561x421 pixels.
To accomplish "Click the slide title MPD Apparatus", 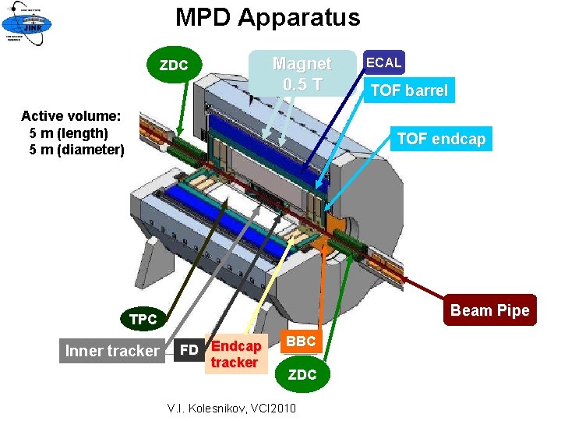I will [x=267, y=17].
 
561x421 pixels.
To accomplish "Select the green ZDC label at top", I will [x=174, y=65].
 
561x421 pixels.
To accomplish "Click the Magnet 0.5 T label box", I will [x=301, y=73].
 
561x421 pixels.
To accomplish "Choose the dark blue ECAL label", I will [x=383, y=62].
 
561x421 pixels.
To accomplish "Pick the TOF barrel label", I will [x=409, y=90].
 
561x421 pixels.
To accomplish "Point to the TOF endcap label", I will [x=440, y=139].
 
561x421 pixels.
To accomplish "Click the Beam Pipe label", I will [x=489, y=310].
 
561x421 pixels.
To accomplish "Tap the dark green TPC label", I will [x=143, y=320].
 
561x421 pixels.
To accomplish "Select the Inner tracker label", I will [x=111, y=351].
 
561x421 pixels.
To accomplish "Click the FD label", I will [x=189, y=349].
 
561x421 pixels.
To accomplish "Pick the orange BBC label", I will [x=301, y=341].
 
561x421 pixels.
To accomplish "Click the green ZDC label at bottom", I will [x=302, y=375].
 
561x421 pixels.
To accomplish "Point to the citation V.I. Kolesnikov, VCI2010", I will [x=231, y=408].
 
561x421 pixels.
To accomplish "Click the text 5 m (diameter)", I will [x=76, y=149].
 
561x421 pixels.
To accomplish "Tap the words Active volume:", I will [x=71, y=116].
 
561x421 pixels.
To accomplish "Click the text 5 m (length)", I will [x=69, y=133].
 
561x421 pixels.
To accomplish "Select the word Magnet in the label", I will [x=302, y=64].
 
